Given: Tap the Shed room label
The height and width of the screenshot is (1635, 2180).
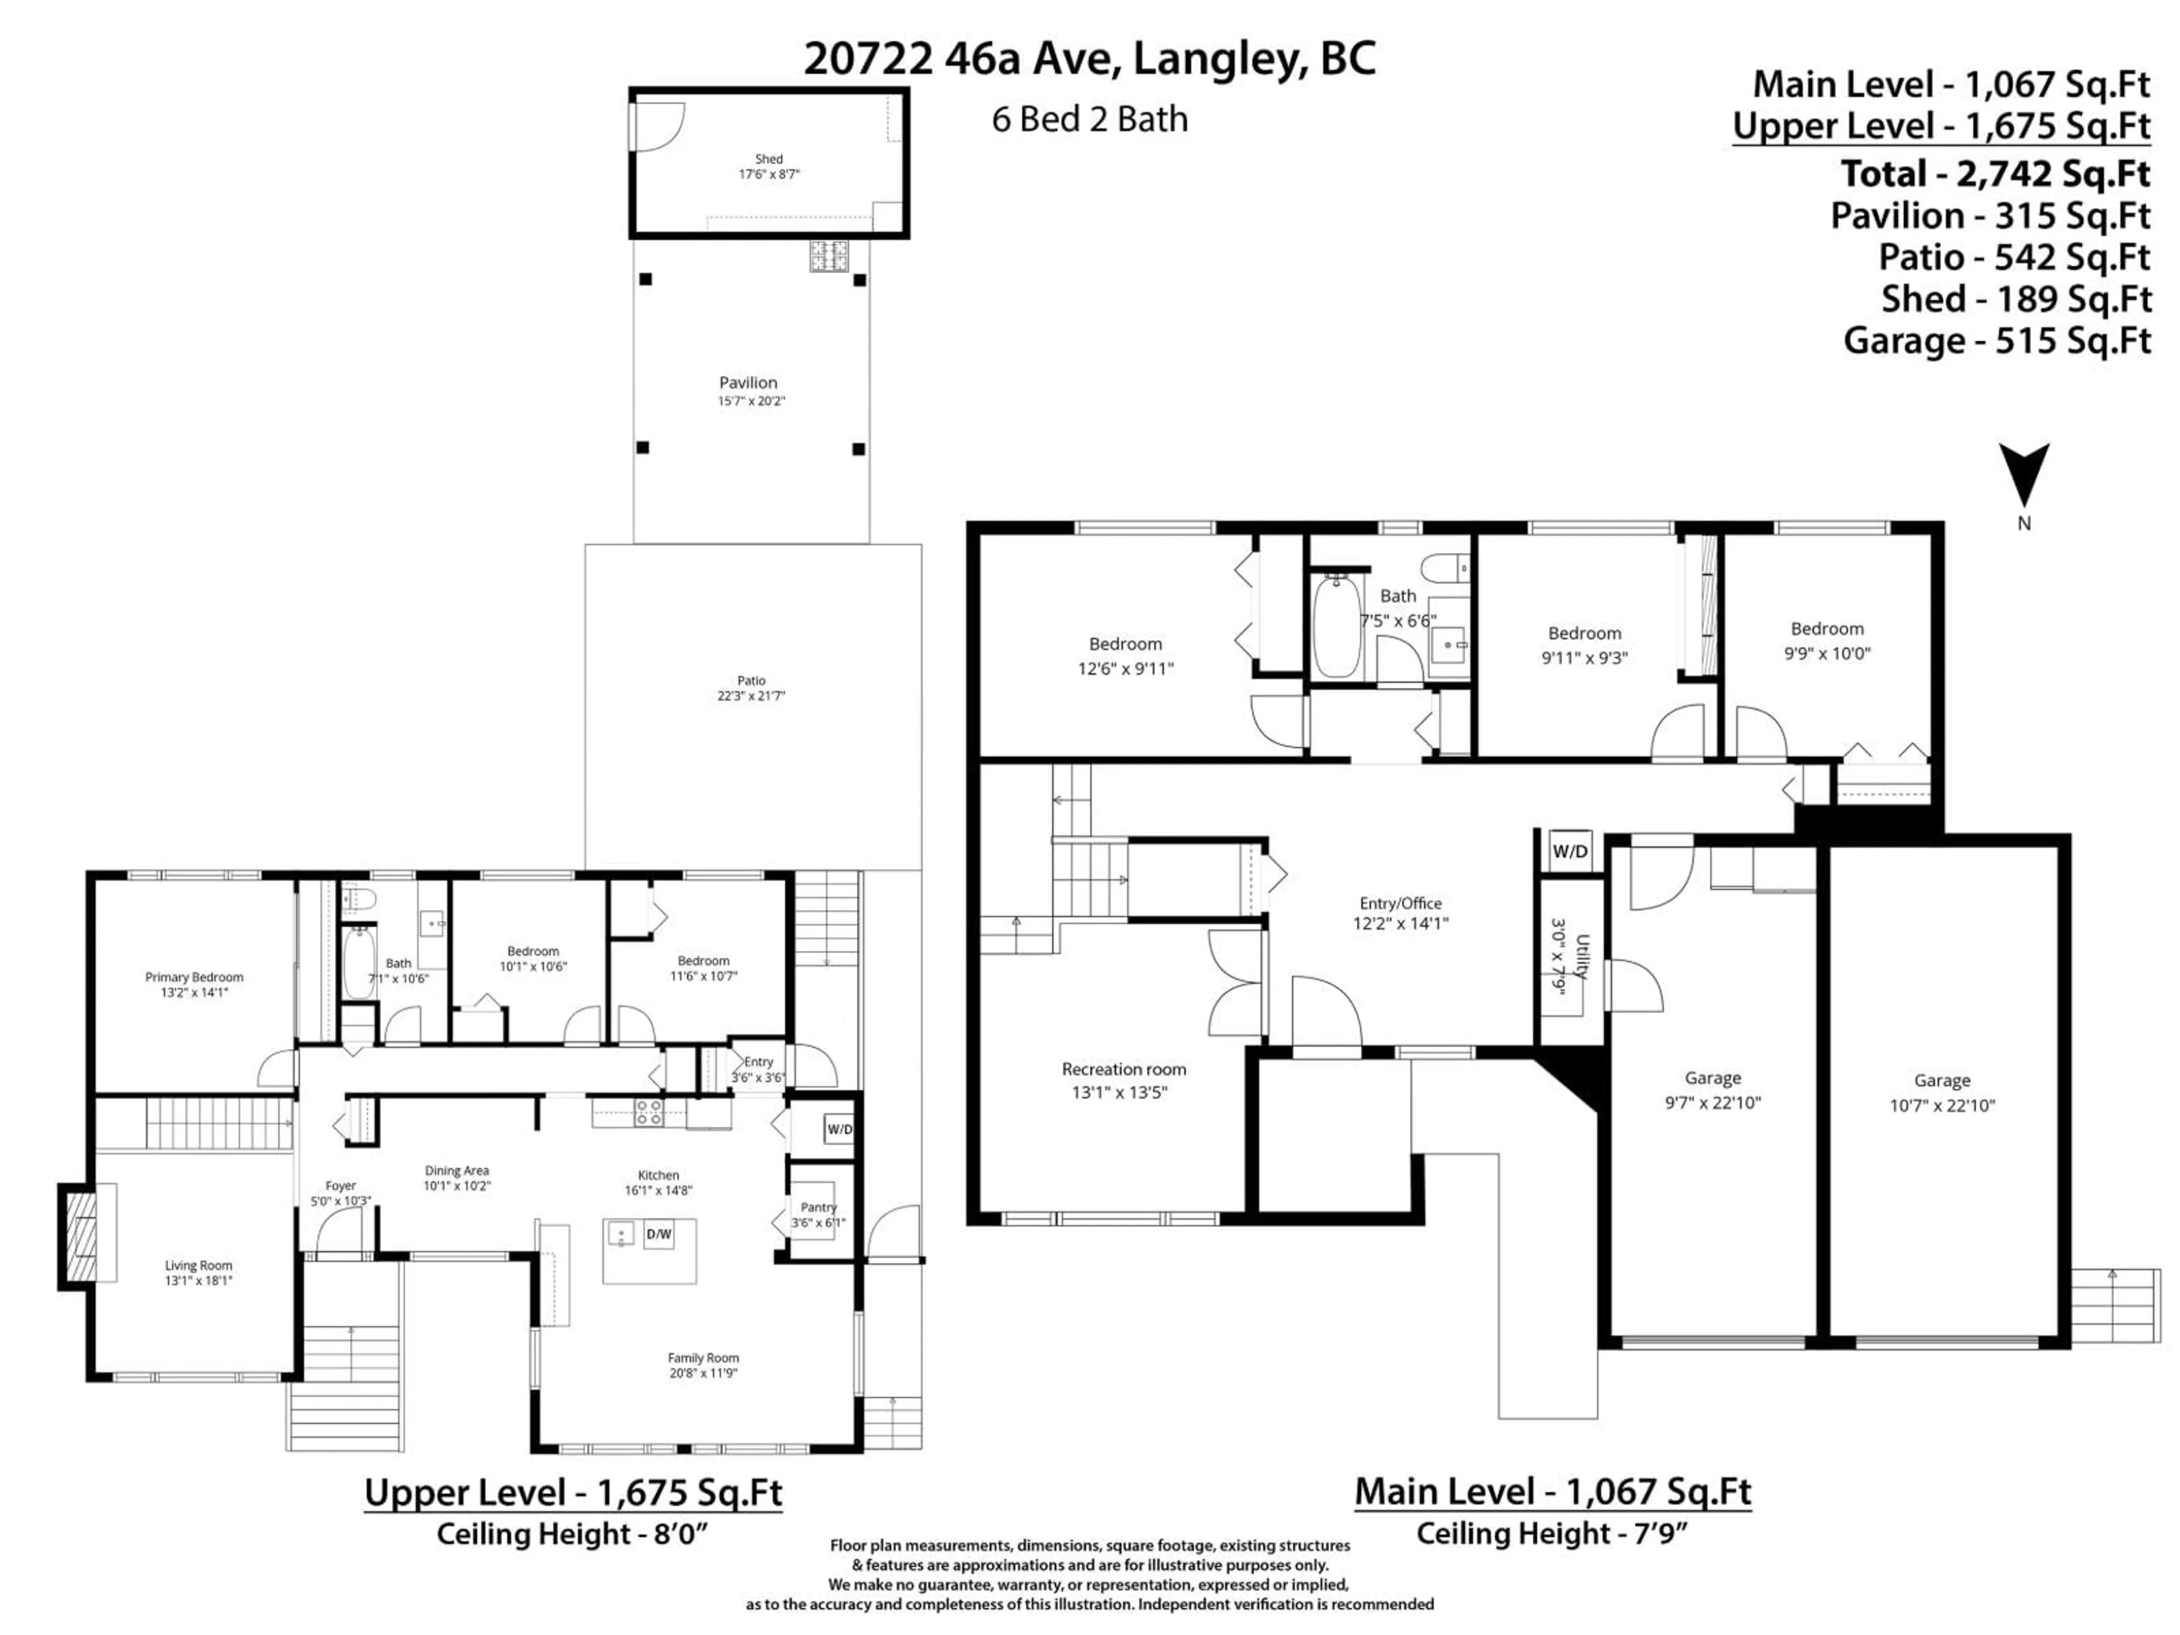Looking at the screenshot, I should pos(769,158).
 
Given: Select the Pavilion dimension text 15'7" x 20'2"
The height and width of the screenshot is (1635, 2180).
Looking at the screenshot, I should pos(751,401).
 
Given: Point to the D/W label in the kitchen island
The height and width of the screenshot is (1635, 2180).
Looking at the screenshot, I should pos(659,1234).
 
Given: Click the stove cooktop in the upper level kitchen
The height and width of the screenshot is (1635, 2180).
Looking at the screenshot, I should pos(648,1113).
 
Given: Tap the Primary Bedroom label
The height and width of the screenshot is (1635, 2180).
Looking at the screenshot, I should pos(194,976).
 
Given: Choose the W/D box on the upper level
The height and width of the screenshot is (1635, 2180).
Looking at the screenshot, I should pos(839,1129).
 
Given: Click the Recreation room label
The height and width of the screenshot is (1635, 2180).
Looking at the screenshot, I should pos(1123,1068).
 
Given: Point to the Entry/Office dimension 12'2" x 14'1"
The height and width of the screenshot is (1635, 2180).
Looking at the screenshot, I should pos(1401,924).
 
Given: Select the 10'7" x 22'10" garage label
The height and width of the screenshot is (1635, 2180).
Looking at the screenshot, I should pos(1942,1106).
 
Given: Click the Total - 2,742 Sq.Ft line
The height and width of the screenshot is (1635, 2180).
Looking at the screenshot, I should pos(1995,174).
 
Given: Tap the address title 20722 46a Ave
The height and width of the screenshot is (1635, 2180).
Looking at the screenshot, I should pos(1088,59).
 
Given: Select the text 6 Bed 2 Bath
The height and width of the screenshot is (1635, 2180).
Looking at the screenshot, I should pos(1089,119).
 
